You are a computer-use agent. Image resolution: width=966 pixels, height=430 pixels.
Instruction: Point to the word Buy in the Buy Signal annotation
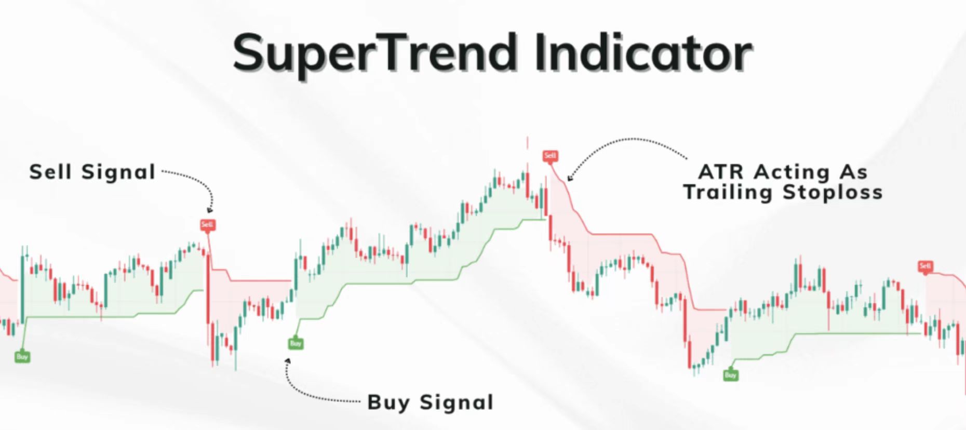click(x=390, y=403)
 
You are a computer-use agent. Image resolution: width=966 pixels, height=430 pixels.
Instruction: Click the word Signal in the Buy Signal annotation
click(x=457, y=403)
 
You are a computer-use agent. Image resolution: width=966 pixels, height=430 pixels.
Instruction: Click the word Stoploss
click(x=833, y=193)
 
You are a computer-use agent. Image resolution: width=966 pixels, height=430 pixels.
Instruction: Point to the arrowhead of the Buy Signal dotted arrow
click(x=287, y=360)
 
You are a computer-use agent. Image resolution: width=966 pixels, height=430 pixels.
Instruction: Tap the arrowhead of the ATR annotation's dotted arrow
click(x=570, y=178)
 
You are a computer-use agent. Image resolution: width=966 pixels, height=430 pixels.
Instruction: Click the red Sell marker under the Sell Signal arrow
click(x=207, y=225)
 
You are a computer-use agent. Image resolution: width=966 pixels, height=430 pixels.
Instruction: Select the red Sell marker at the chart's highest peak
click(x=550, y=156)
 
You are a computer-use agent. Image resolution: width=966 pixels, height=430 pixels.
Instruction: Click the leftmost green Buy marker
click(x=22, y=357)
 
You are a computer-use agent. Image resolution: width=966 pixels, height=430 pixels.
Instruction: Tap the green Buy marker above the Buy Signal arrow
click(x=296, y=343)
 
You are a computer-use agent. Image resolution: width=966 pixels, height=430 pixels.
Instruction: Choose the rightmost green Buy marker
click(x=731, y=375)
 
